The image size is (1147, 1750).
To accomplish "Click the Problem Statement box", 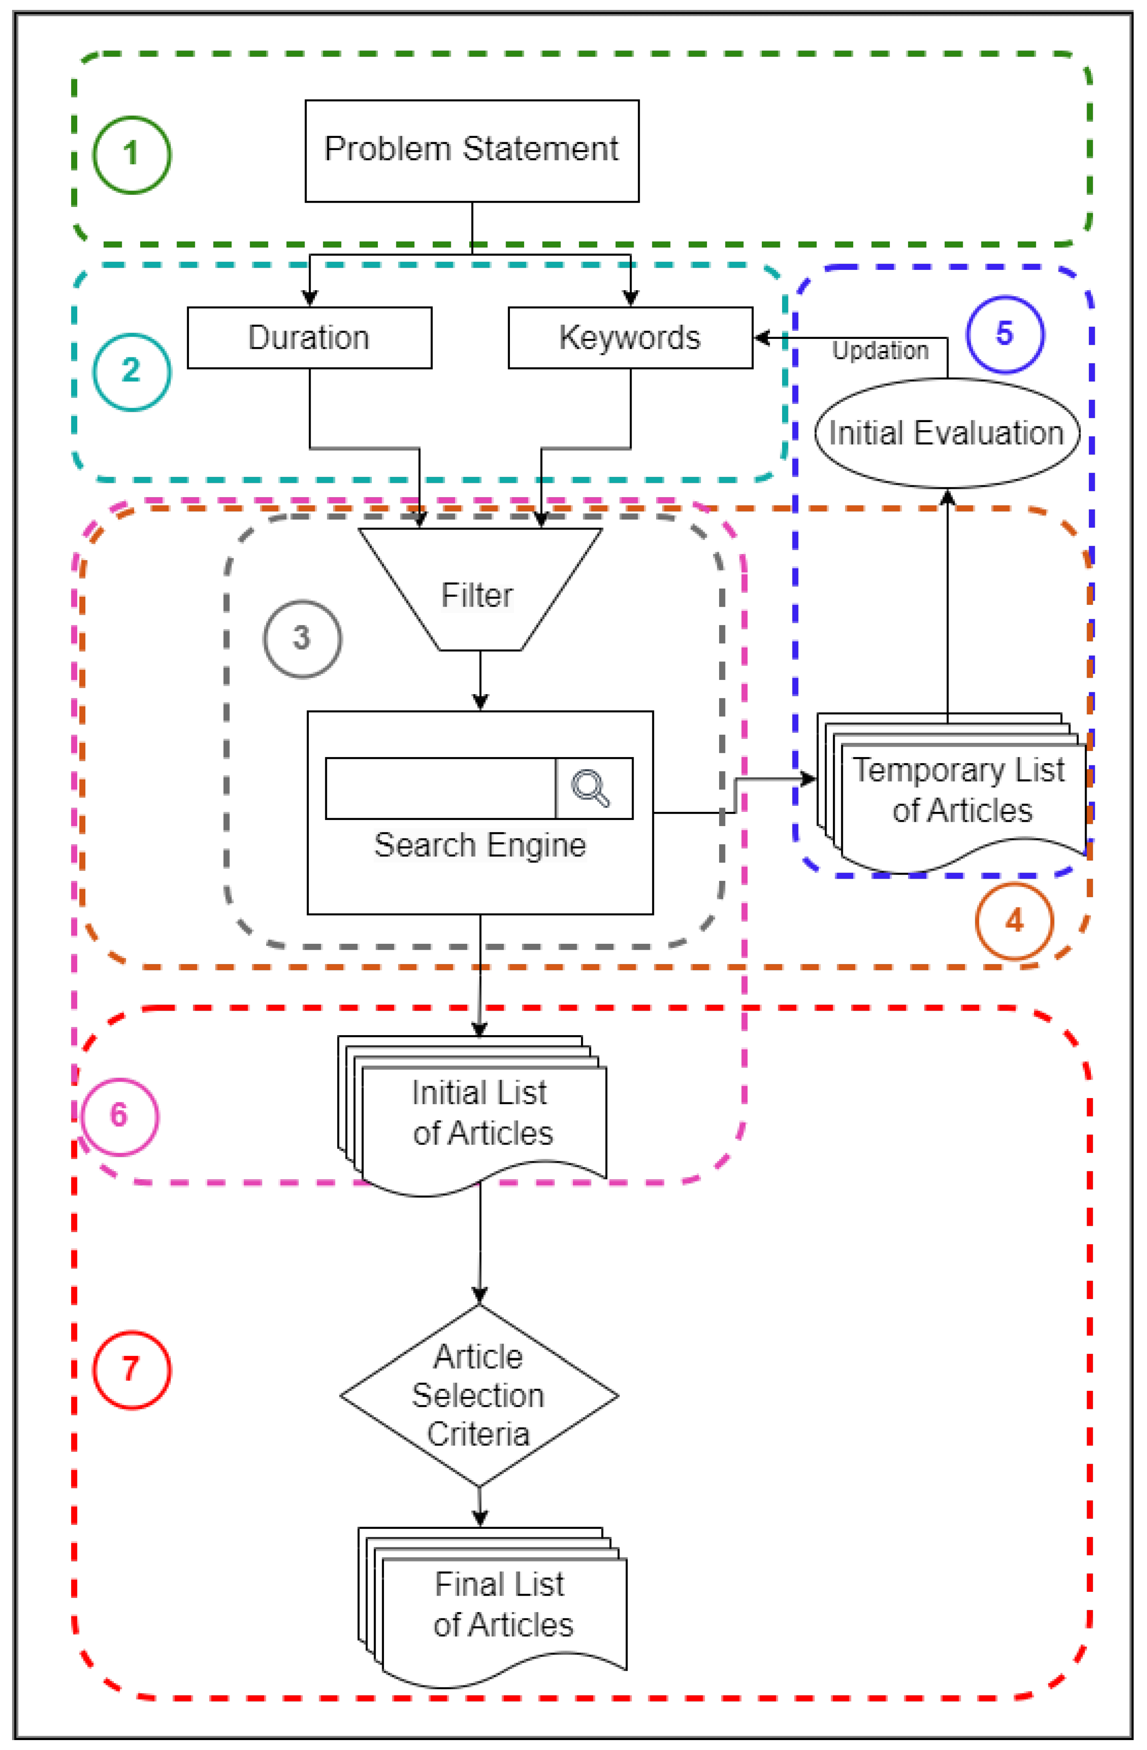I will coord(471,151).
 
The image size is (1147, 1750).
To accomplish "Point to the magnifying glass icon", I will coord(591,788).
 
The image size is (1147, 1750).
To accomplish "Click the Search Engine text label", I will coord(480,845).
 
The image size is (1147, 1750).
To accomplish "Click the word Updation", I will coord(880,351).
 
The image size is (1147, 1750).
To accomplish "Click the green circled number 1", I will coord(131,154).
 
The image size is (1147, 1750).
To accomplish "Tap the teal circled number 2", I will coord(131,371).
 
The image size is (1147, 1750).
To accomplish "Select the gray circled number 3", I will coord(302,638).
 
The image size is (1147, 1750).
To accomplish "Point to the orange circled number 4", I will coord(1014,920).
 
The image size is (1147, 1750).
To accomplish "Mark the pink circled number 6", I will coord(119,1115).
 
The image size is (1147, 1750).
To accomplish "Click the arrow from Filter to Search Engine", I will coord(480,680).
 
